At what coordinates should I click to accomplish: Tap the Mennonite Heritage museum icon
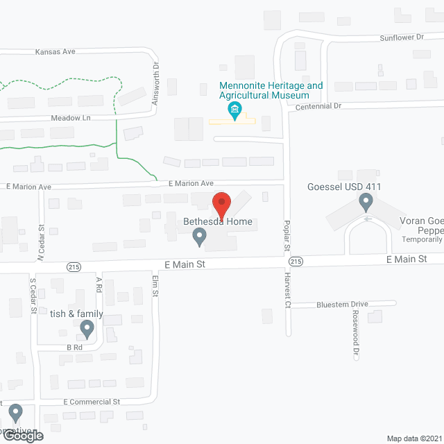pyautogui.click(x=235, y=110)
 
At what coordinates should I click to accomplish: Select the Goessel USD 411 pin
pyautogui.click(x=366, y=203)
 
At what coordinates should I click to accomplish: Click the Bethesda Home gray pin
pyautogui.click(x=199, y=238)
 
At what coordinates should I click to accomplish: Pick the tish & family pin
pyautogui.click(x=87, y=328)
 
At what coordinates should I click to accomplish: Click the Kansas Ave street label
pyautogui.click(x=55, y=52)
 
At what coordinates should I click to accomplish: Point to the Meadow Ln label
pyautogui.click(x=71, y=118)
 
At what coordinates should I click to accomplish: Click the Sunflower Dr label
pyautogui.click(x=401, y=37)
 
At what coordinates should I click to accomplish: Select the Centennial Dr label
pyautogui.click(x=318, y=106)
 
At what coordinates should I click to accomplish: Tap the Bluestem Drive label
pyautogui.click(x=342, y=304)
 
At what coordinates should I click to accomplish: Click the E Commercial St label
pyautogui.click(x=92, y=402)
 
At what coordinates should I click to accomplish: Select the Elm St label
pyautogui.click(x=155, y=285)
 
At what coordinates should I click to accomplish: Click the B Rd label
pyautogui.click(x=74, y=348)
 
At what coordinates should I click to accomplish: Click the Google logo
pyautogui.click(x=22, y=435)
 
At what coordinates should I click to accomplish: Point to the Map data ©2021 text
pyautogui.click(x=413, y=438)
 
